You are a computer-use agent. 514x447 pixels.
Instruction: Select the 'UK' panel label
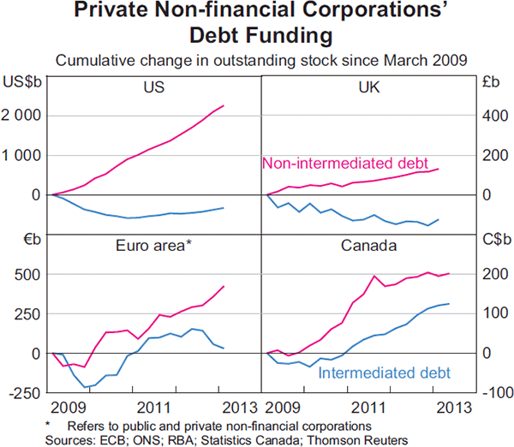367,87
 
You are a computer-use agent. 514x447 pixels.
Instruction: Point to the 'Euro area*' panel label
154,246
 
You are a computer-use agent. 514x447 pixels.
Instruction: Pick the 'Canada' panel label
368,246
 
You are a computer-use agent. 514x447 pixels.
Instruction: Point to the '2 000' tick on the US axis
24,116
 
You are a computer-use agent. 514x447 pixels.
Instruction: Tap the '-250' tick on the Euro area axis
23,393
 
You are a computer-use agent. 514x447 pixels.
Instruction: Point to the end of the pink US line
224,105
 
